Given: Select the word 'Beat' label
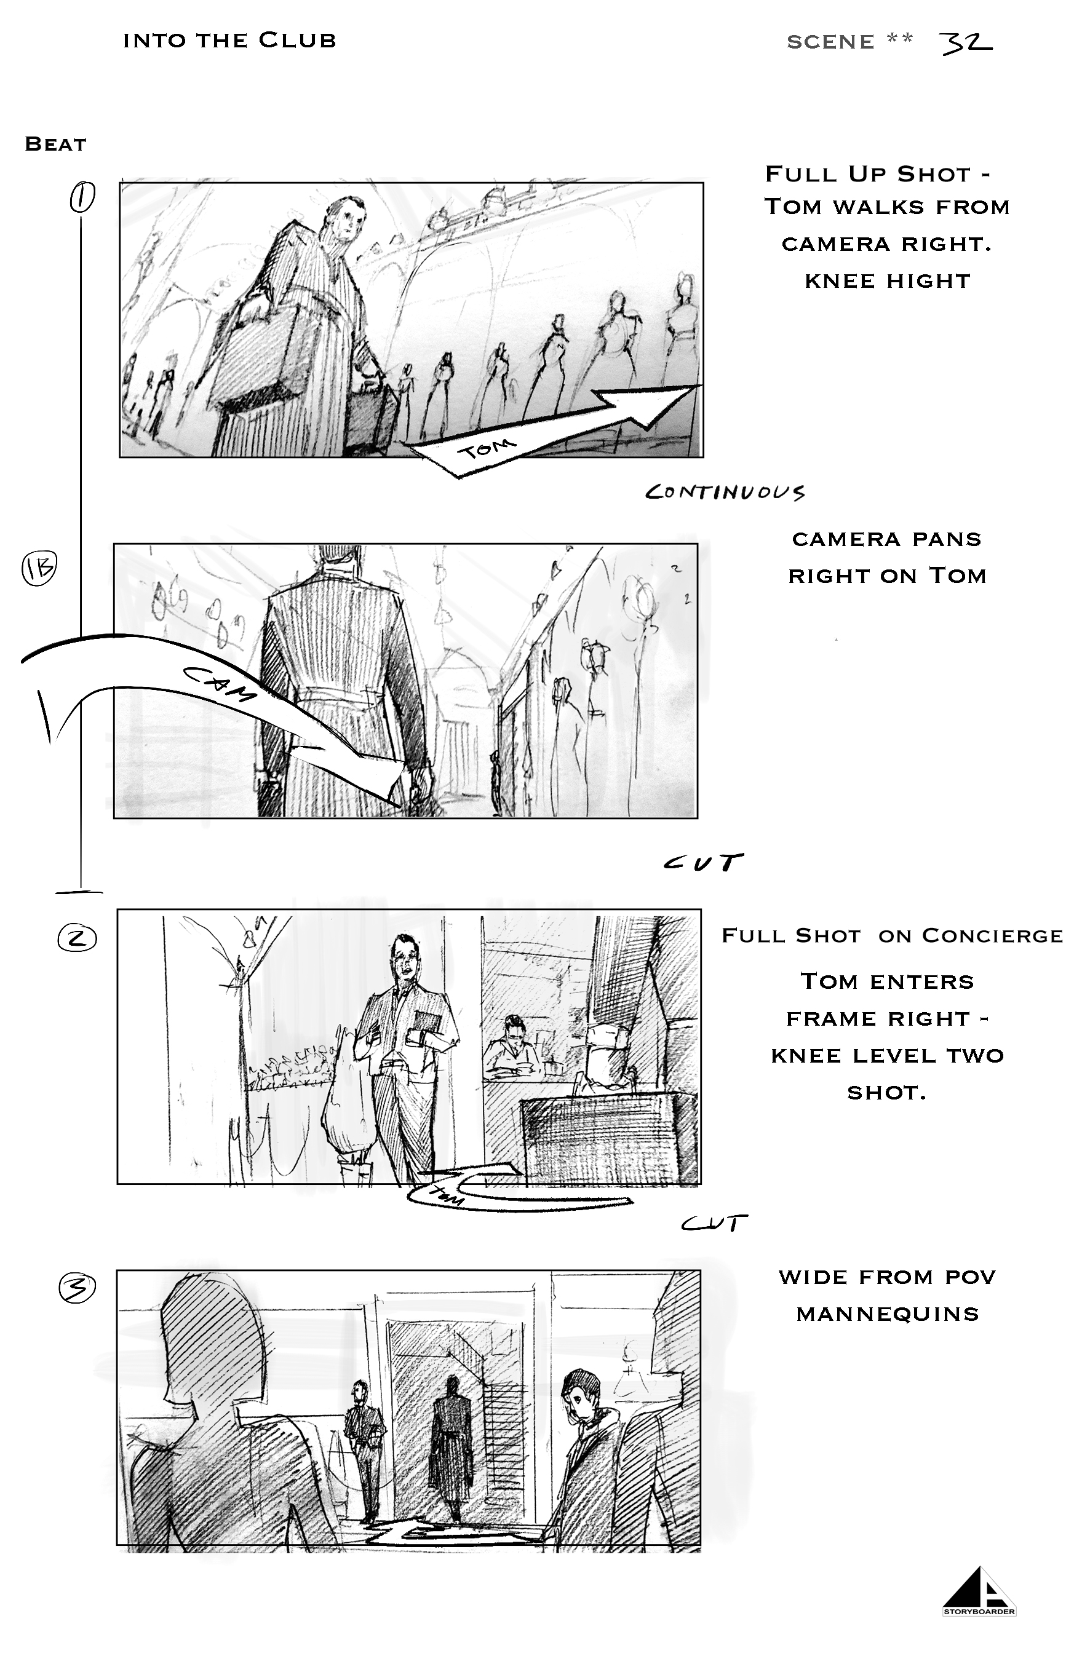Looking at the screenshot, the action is [x=55, y=144].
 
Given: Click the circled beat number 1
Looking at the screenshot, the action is [x=82, y=197].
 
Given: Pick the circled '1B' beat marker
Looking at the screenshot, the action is [x=39, y=568].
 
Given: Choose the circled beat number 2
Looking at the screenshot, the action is [x=77, y=938].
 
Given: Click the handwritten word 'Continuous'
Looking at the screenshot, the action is [x=725, y=492].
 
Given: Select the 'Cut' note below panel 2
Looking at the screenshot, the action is [x=714, y=1224].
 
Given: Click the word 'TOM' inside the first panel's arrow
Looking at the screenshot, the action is [x=487, y=448].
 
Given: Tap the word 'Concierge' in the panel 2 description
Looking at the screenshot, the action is [x=992, y=936].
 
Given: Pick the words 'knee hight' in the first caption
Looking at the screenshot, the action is [x=888, y=281].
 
